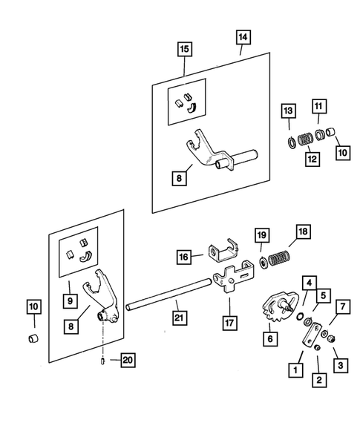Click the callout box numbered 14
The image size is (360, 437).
[x=243, y=37]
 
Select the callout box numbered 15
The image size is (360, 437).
[x=185, y=49]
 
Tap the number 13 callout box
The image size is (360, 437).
[x=288, y=111]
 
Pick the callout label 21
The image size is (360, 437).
[x=179, y=318]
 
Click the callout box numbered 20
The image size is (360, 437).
[x=128, y=360]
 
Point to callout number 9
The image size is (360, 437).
[x=70, y=300]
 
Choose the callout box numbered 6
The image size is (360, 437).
[x=270, y=339]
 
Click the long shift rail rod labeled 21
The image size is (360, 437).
[x=168, y=295]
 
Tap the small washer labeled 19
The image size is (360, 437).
[x=263, y=262]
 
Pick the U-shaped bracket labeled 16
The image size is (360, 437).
[x=223, y=251]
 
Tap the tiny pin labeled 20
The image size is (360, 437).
[x=102, y=361]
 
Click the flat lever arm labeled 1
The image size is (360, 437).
[x=312, y=335]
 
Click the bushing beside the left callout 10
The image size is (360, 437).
[x=33, y=338]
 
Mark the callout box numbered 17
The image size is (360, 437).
[x=230, y=323]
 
